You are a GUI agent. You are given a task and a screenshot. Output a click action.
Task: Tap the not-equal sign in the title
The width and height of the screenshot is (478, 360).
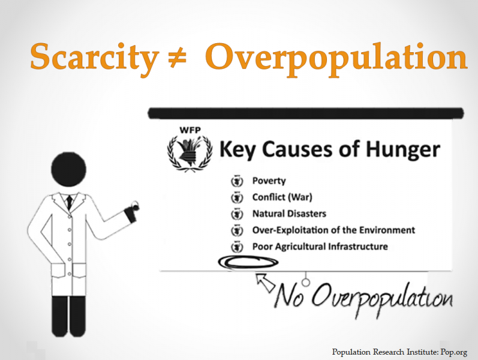click(178, 58)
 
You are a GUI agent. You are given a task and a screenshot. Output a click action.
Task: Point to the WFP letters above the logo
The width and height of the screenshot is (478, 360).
click(190, 130)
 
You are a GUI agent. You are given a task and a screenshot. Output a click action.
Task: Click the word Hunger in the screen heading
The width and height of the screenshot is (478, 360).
click(402, 150)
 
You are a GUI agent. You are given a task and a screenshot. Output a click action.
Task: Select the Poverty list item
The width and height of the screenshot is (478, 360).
click(269, 181)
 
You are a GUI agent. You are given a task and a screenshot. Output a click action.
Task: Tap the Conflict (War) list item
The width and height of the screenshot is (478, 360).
click(282, 197)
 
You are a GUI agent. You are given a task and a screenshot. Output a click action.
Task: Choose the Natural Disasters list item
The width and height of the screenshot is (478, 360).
click(289, 214)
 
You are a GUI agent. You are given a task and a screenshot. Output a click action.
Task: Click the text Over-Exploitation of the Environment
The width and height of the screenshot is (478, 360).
click(333, 230)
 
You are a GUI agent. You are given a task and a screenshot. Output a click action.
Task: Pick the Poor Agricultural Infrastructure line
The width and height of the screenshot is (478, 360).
click(320, 247)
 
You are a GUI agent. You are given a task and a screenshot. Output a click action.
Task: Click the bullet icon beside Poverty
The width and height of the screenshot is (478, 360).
click(237, 181)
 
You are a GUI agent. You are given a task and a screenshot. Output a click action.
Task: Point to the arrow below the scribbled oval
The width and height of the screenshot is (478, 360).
click(266, 283)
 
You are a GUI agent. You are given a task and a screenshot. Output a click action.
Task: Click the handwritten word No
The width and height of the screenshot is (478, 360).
click(290, 295)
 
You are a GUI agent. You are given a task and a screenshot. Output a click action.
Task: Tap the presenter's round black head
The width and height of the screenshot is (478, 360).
click(68, 169)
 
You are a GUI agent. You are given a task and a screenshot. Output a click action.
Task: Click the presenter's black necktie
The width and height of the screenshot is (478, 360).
click(70, 202)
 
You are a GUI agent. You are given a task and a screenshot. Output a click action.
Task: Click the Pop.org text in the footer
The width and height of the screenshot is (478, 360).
click(453, 352)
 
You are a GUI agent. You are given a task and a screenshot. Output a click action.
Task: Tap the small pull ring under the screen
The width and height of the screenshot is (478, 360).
click(305, 282)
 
